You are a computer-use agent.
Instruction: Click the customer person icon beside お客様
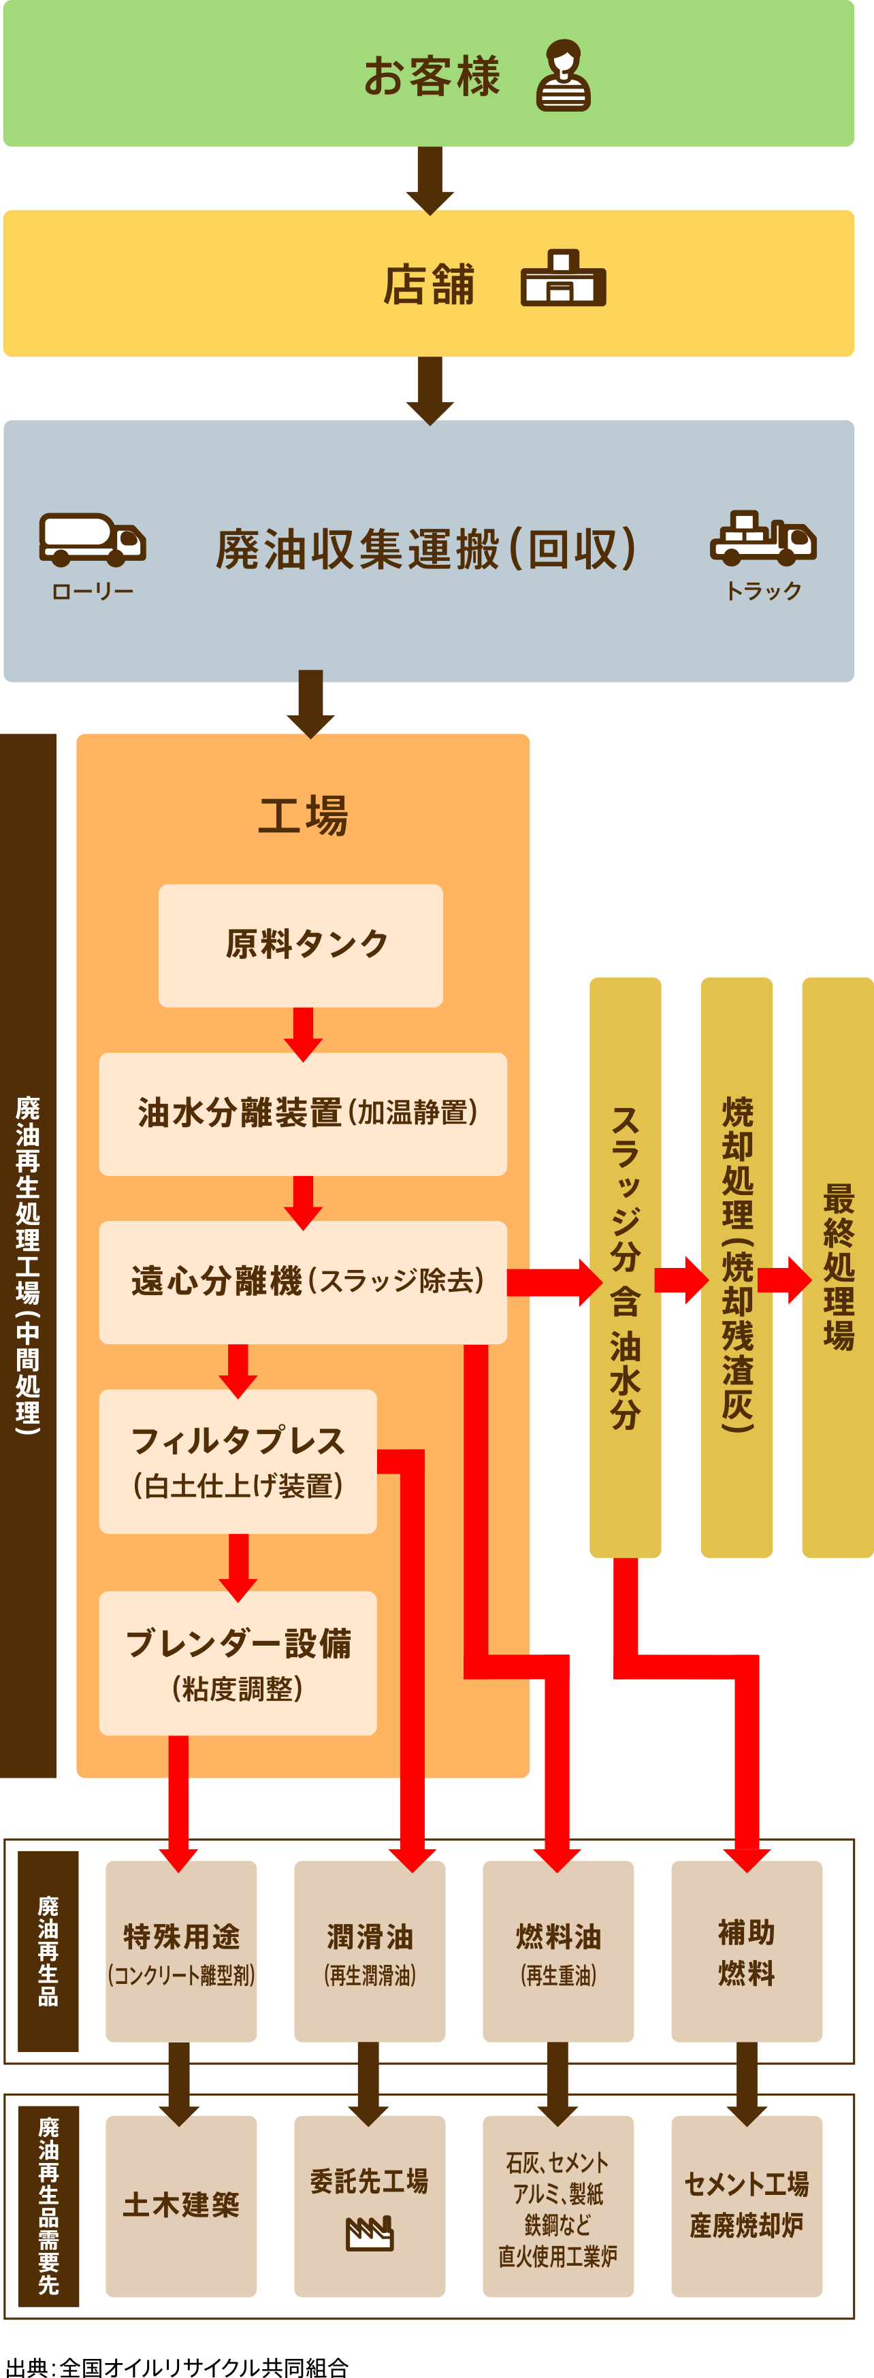coord(563,76)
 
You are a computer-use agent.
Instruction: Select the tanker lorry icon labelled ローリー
coord(93,539)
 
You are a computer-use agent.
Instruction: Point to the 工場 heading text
coord(303,816)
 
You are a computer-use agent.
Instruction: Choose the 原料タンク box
coord(300,945)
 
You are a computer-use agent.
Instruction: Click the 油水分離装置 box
coord(303,1113)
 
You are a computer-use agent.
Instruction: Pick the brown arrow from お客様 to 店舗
coord(430,179)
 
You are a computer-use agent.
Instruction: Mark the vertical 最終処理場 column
coord(837,1267)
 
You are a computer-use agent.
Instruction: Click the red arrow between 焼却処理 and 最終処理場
coord(783,1280)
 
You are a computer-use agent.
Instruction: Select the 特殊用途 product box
coord(181,1951)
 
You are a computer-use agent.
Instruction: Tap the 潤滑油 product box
coord(369,1951)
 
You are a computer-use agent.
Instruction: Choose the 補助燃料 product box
coord(746,1951)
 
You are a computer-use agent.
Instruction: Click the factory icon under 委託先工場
coord(369,2234)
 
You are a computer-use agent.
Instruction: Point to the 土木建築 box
coord(181,2205)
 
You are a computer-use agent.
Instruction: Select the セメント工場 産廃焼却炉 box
coord(746,2205)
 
